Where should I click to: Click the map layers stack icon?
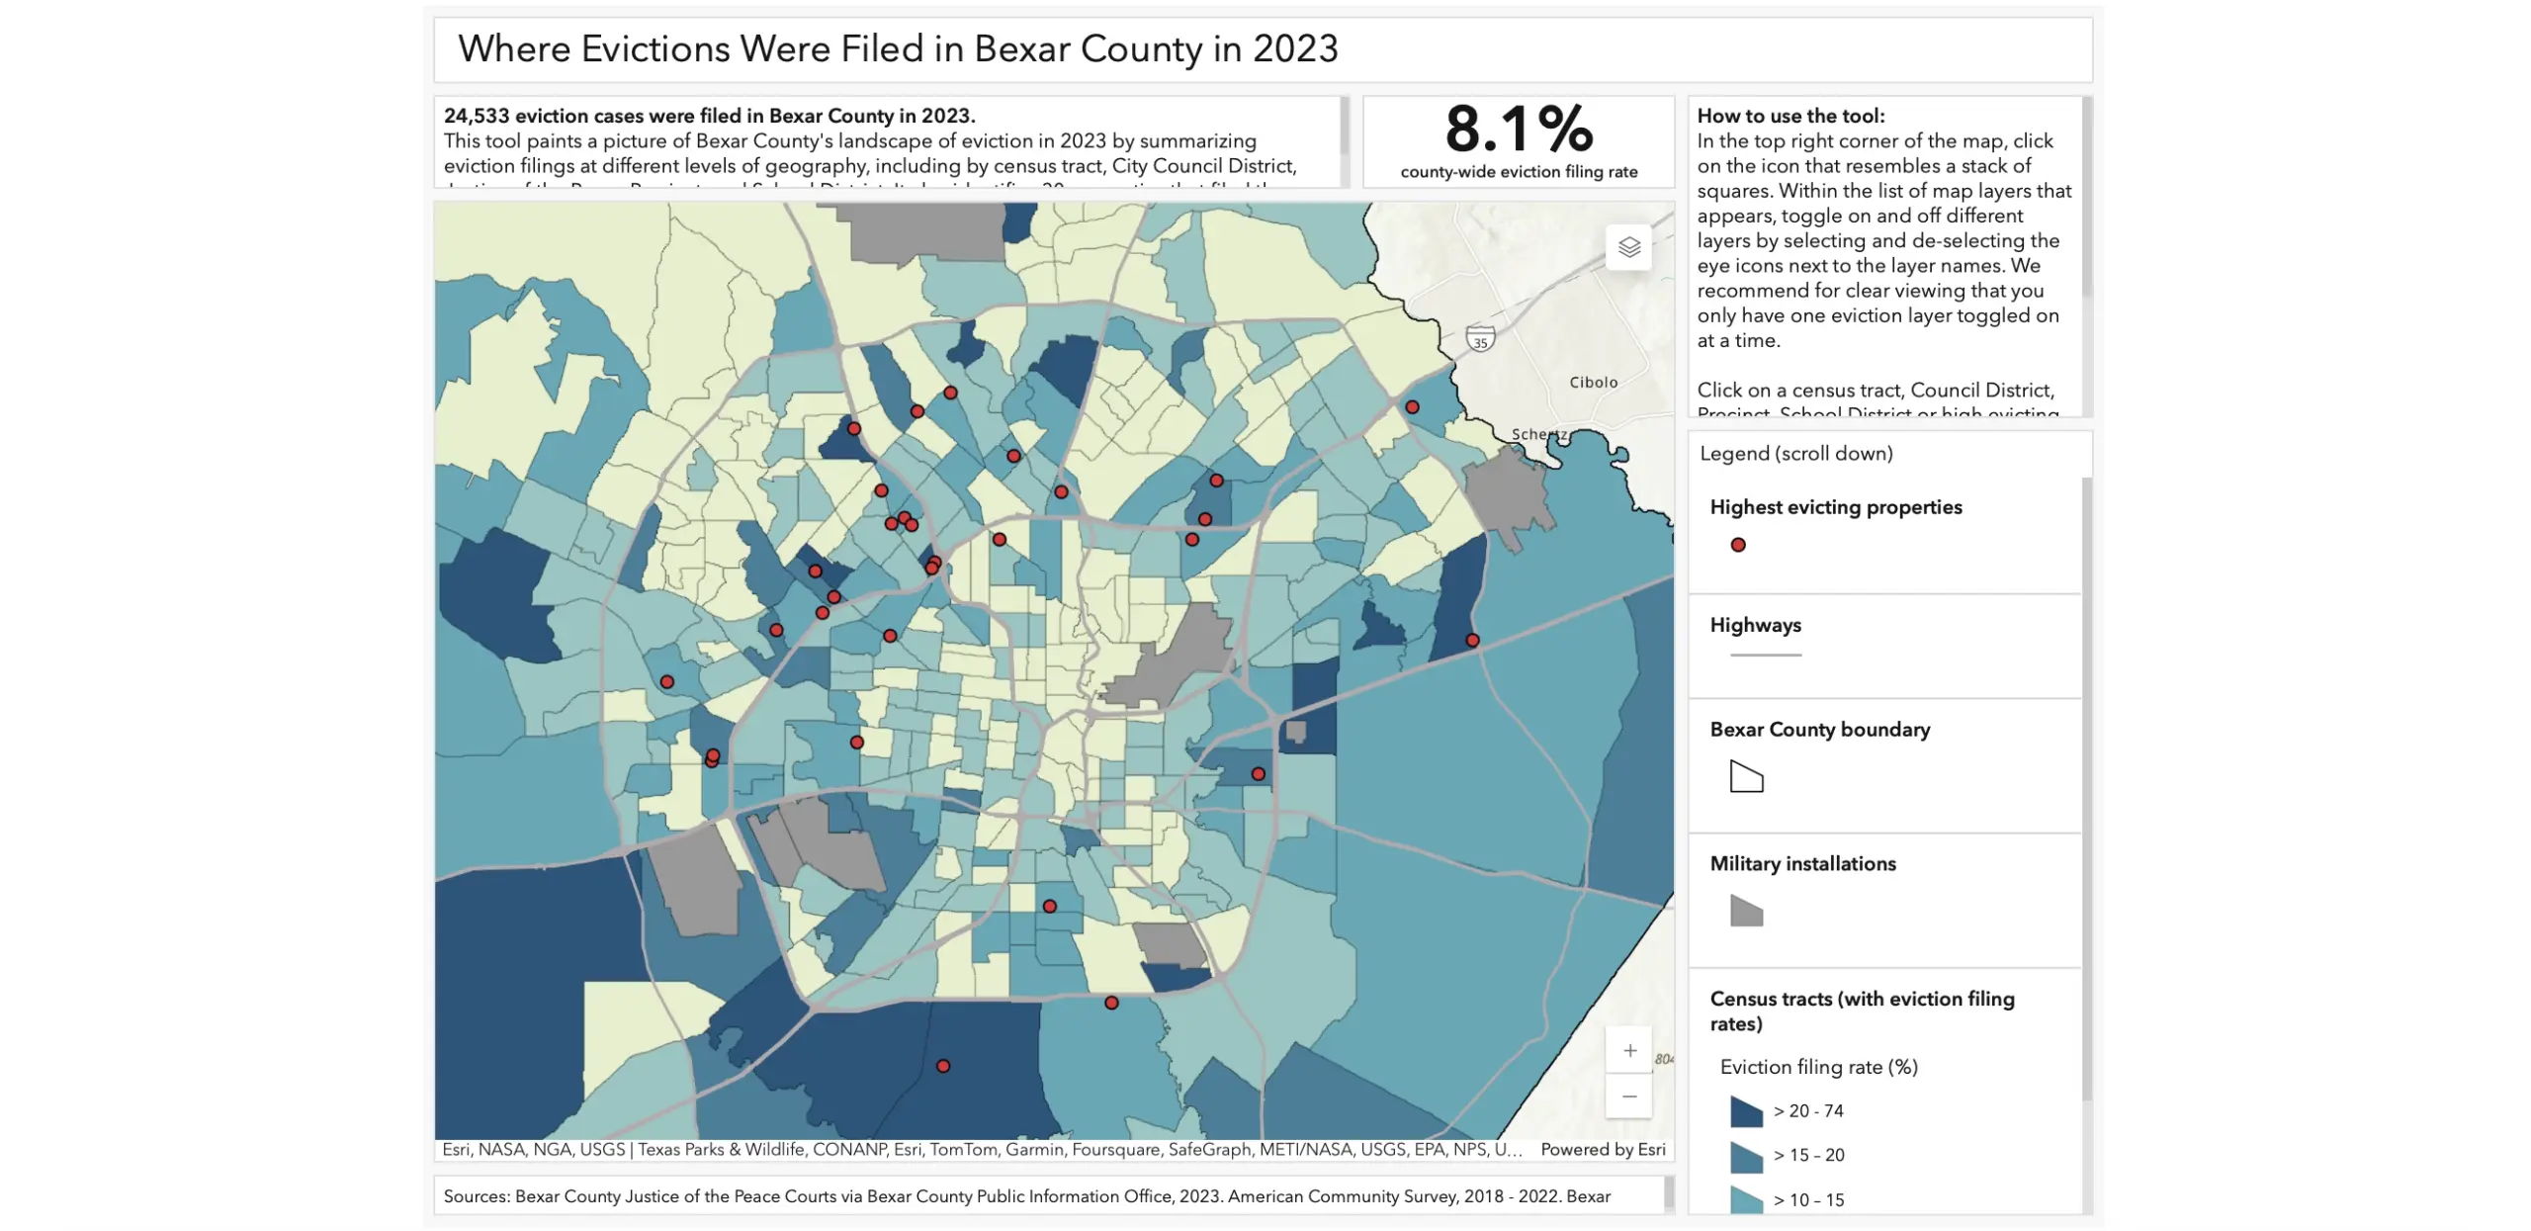coord(1628,247)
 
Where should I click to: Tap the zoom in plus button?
coord(1629,1050)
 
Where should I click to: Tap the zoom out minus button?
coord(1629,1097)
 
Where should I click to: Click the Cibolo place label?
coord(1593,383)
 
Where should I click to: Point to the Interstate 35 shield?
coord(1479,340)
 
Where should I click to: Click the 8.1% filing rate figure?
coord(1519,130)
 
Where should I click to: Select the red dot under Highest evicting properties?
coord(1738,545)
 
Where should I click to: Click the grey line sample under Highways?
coord(1766,656)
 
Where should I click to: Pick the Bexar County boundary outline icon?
coord(1746,777)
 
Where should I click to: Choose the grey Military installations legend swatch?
coord(1746,911)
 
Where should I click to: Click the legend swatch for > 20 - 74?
coord(1746,1111)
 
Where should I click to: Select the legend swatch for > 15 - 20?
coord(1746,1156)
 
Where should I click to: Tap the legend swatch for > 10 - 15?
coord(1746,1199)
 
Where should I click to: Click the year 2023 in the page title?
coord(1295,49)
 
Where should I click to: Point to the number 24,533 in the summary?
coord(477,116)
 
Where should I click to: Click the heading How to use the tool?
coord(1790,116)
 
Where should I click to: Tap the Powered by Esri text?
coord(1602,1150)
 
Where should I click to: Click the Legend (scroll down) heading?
coord(1795,454)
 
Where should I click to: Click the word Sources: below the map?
coord(476,1196)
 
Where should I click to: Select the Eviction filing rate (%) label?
coord(1818,1067)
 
